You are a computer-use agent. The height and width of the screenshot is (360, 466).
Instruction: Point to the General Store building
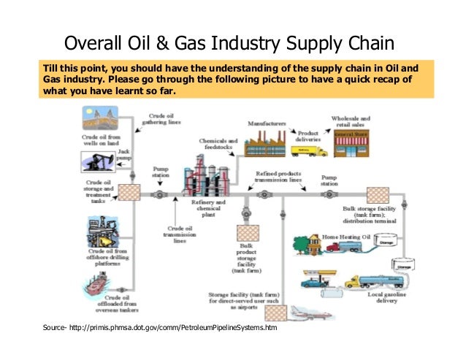point(351,144)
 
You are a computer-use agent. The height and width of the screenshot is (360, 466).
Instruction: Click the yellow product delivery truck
point(308,150)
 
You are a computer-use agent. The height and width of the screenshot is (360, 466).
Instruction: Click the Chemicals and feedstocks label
point(218,144)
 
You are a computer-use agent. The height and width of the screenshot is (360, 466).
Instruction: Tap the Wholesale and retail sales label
point(351,121)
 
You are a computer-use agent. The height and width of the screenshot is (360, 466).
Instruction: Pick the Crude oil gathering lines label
point(161,119)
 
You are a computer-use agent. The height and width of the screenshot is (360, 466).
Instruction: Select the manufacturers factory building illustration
point(267,144)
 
